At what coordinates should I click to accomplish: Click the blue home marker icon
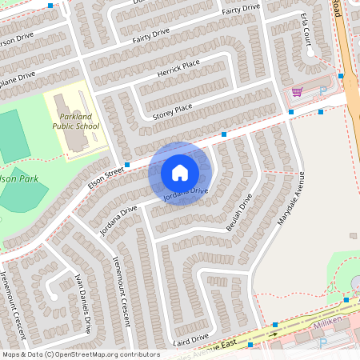(x=180, y=173)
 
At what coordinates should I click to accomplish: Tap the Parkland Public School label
(x=76, y=121)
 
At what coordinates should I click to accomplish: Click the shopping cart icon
(x=297, y=92)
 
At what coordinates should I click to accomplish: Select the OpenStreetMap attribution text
(x=80, y=354)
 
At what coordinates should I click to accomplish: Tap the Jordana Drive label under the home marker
(x=186, y=193)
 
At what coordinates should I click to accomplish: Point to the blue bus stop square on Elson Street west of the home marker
(x=127, y=164)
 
